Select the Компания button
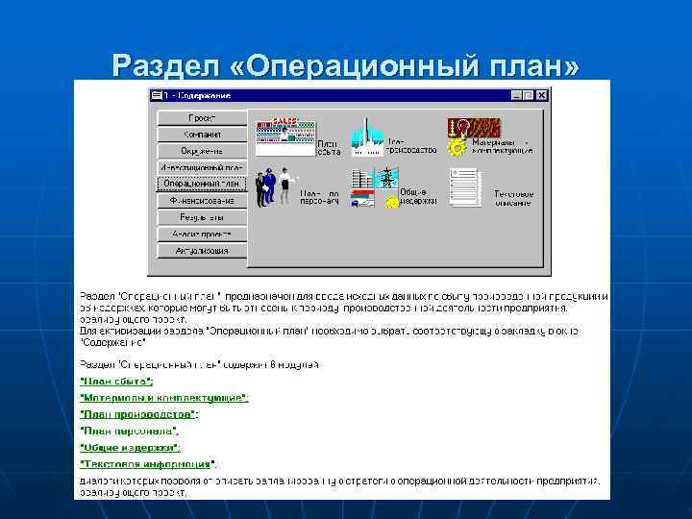pyautogui.click(x=201, y=134)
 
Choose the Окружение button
pyautogui.click(x=201, y=151)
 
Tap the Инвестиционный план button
pyautogui.click(x=201, y=167)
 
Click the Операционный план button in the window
pyautogui.click(x=201, y=184)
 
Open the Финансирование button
pyautogui.click(x=201, y=201)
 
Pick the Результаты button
pyautogui.click(x=201, y=217)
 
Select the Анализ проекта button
pyautogui.click(x=201, y=234)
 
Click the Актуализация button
pyautogui.click(x=201, y=251)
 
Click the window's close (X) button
pyautogui.click(x=543, y=95)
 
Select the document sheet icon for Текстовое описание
pyautogui.click(x=465, y=186)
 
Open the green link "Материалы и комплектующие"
pyautogui.click(x=163, y=398)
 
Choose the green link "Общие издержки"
pyautogui.click(x=130, y=448)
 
